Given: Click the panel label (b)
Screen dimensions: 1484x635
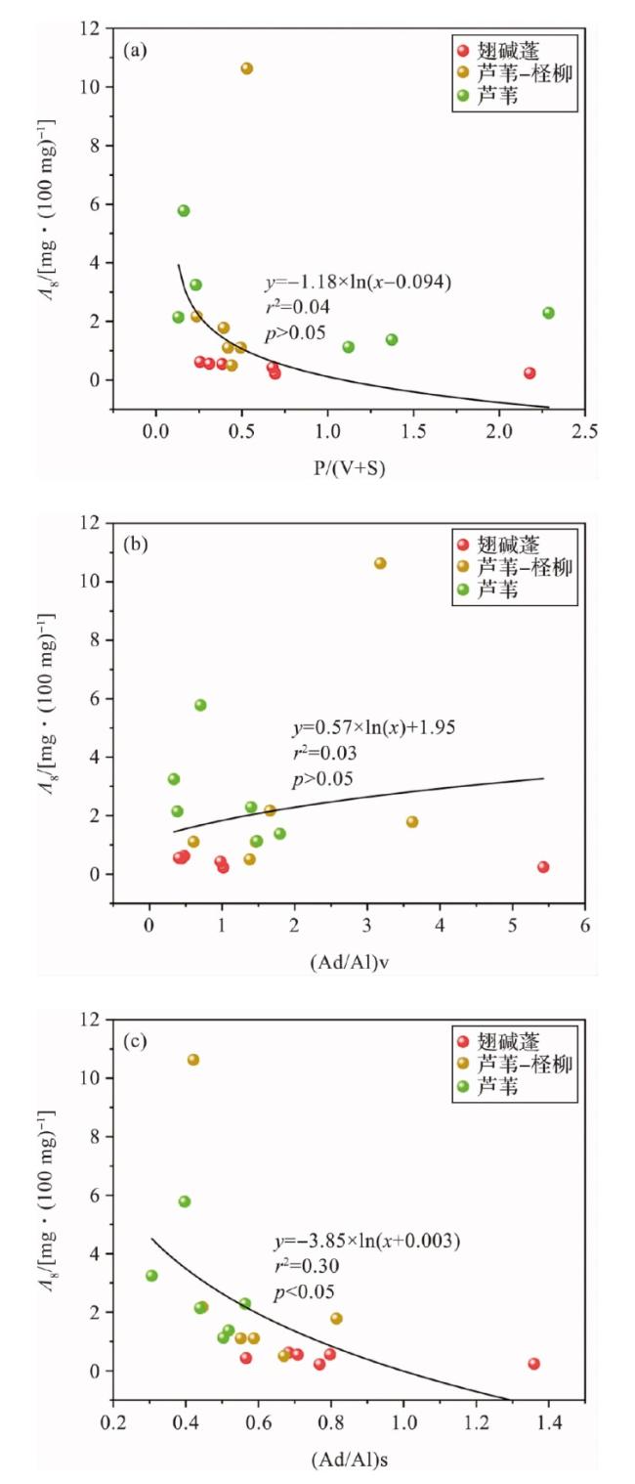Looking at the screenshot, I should tap(136, 545).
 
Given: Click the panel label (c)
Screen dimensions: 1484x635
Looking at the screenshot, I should tap(136, 1040).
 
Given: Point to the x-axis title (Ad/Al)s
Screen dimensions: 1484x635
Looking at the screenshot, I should tap(347, 1461).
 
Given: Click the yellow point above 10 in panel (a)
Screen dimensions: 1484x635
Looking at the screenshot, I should tap(247, 68).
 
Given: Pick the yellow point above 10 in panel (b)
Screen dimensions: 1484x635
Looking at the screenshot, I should tap(380, 563).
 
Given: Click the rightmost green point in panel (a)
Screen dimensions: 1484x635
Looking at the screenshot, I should tap(548, 313).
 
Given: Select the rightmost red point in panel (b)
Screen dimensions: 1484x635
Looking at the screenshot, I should tap(543, 867).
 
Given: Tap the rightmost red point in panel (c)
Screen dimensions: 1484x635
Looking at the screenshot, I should tap(533, 1364).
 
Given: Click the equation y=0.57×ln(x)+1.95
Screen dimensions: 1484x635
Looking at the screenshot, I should tap(374, 728).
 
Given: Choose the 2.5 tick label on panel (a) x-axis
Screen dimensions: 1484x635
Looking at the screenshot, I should tap(584, 431).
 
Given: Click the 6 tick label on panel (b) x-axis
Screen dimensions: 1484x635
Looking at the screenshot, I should tap(584, 925).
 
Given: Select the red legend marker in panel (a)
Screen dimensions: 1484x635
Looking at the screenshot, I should tap(462, 51).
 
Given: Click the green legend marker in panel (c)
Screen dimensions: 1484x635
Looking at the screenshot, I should tap(462, 1086).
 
